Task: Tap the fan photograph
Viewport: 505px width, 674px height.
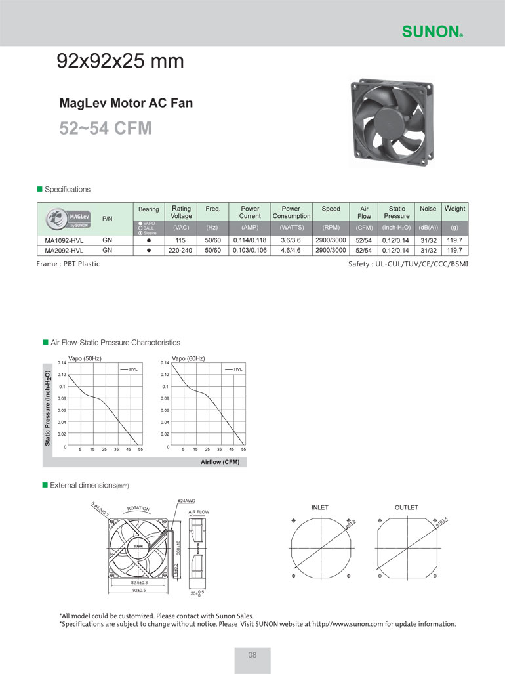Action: pyautogui.click(x=392, y=122)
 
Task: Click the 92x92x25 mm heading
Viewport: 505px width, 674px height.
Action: pyautogui.click(x=121, y=62)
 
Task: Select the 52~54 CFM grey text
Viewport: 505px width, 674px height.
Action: pyautogui.click(x=106, y=127)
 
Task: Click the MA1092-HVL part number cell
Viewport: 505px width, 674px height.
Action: pyautogui.click(x=64, y=240)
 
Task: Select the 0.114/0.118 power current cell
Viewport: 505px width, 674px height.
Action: pyautogui.click(x=249, y=240)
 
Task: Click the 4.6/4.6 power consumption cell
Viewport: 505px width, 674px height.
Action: pyautogui.click(x=291, y=250)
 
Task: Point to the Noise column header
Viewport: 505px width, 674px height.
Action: pyautogui.click(x=428, y=209)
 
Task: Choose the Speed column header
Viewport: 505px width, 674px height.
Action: pyautogui.click(x=331, y=209)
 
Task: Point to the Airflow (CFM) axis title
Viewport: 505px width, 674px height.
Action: pyautogui.click(x=220, y=462)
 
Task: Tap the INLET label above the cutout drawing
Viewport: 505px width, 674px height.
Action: pyautogui.click(x=319, y=507)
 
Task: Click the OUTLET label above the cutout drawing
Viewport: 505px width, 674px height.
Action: pyautogui.click(x=406, y=507)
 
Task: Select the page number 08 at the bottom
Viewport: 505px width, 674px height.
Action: pyautogui.click(x=253, y=655)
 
